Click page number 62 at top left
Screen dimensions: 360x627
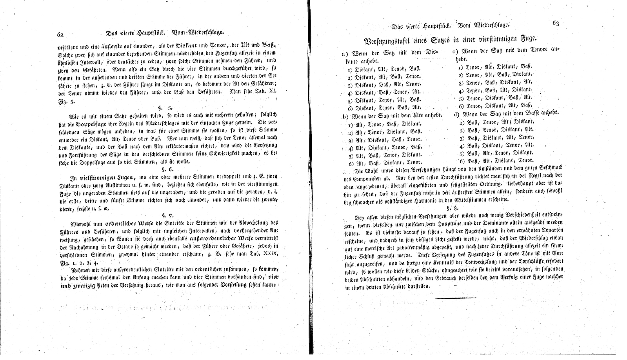tap(60, 35)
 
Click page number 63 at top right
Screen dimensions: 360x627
tap(556, 23)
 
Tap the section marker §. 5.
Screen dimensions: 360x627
tap(168, 107)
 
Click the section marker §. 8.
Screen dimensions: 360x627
tap(453, 207)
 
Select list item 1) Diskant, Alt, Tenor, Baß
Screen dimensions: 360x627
tap(384, 69)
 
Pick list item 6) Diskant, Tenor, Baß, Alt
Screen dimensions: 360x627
tap(384, 107)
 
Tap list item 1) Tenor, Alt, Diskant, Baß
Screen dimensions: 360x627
tap(495, 67)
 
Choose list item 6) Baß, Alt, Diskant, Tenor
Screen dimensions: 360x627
tap(496, 160)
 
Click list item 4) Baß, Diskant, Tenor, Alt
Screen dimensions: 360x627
tap(496, 145)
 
